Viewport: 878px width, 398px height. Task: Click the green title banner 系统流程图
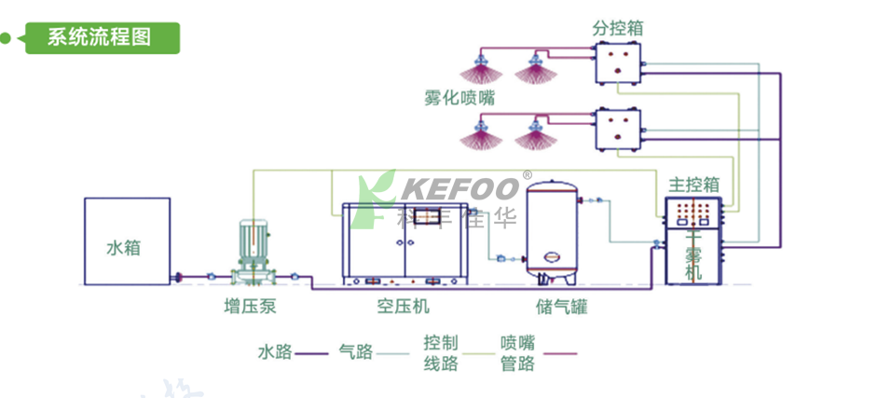click(x=101, y=37)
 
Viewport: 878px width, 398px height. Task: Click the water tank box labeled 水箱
click(x=127, y=242)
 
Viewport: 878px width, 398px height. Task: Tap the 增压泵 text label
click(x=250, y=306)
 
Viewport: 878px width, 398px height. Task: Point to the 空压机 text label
click(x=403, y=306)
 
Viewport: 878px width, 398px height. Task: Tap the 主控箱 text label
click(x=693, y=184)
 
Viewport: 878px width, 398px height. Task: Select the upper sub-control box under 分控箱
click(x=617, y=63)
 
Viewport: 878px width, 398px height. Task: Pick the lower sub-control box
click(x=617, y=128)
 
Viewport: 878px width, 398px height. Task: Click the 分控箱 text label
click(x=617, y=28)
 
